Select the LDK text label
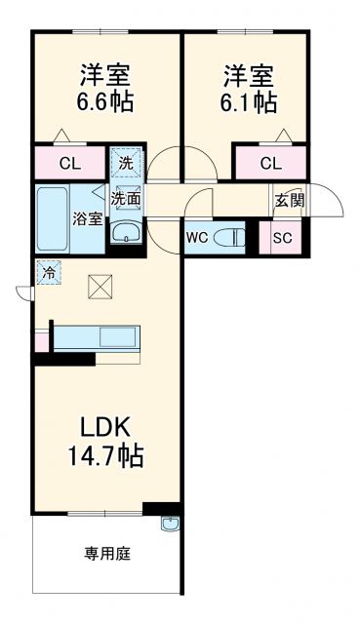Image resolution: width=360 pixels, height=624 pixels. (104, 426)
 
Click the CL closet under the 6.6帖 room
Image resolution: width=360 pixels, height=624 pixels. (68, 163)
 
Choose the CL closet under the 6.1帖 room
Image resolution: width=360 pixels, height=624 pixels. (270, 163)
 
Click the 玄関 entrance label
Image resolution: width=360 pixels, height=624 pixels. (288, 201)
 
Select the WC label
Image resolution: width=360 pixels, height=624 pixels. (196, 237)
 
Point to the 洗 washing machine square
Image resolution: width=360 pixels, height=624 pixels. (126, 163)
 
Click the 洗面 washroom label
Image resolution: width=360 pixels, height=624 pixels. (125, 199)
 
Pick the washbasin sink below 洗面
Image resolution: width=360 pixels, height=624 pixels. (125, 233)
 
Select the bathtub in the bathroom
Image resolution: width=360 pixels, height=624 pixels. (53, 218)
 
